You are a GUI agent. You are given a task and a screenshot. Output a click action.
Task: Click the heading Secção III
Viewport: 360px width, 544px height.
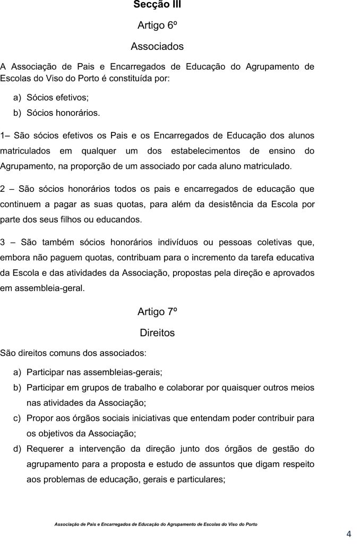pyautogui.click(x=157, y=5)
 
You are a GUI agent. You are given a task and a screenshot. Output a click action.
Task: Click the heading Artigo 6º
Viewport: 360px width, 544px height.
pyautogui.click(x=157, y=25)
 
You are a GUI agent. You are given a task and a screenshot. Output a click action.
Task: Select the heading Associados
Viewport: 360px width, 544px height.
pyautogui.click(x=157, y=46)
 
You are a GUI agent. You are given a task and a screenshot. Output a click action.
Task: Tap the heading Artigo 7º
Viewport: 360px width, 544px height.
pyautogui.click(x=157, y=312)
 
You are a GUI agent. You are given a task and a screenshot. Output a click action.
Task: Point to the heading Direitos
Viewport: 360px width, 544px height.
pyautogui.click(x=157, y=333)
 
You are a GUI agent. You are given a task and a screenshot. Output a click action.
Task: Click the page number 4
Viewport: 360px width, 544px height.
pyautogui.click(x=349, y=534)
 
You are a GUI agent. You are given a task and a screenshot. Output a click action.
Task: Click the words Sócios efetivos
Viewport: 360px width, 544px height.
pyautogui.click(x=57, y=98)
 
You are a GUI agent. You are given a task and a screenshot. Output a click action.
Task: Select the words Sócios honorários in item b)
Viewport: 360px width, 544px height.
pyautogui.click(x=63, y=113)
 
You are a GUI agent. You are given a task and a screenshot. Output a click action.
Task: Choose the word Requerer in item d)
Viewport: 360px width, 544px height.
pyautogui.click(x=45, y=449)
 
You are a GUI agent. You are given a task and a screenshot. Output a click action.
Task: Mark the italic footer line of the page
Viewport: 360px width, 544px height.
pyautogui.click(x=156, y=524)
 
